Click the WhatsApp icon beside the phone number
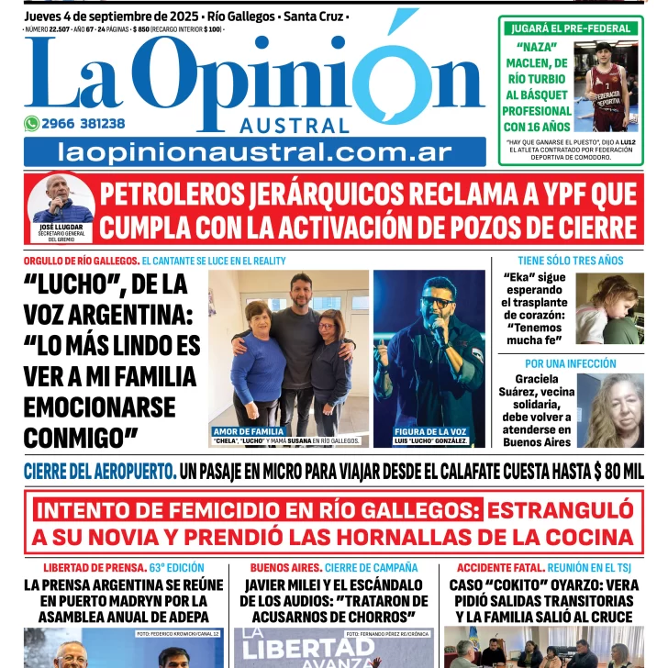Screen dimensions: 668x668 tap(32, 123)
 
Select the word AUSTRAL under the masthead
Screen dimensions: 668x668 tap(295, 126)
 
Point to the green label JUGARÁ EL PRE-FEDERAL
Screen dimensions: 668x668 tap(571, 28)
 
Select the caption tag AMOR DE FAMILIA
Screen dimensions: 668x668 tap(249, 431)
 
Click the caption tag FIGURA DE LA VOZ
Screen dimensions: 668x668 tap(430, 431)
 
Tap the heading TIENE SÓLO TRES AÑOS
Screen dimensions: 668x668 tap(570, 261)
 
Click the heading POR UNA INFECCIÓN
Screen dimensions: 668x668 tap(570, 364)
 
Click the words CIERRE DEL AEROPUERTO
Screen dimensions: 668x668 tap(100, 473)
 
